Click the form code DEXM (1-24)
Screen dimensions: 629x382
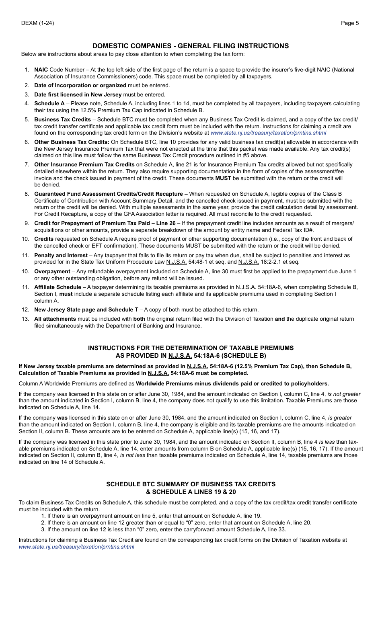37,23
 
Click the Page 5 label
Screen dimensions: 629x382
350,23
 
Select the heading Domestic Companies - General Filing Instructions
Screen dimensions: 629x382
191,46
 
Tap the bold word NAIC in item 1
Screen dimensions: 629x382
41,70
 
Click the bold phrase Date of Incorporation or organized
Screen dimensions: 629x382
80,85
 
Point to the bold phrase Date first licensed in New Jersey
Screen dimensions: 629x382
78,94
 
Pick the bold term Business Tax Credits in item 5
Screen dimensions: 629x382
62,119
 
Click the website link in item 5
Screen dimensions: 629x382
268,133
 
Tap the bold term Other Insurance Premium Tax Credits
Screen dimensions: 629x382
84,164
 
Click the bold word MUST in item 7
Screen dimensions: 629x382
223,178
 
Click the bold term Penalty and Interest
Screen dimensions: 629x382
61,255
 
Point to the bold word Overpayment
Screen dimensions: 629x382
52,271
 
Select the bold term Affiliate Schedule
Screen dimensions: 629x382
58,287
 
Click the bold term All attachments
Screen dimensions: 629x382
55,319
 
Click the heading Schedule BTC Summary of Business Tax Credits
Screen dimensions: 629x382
191,484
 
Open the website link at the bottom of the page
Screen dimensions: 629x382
76,547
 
